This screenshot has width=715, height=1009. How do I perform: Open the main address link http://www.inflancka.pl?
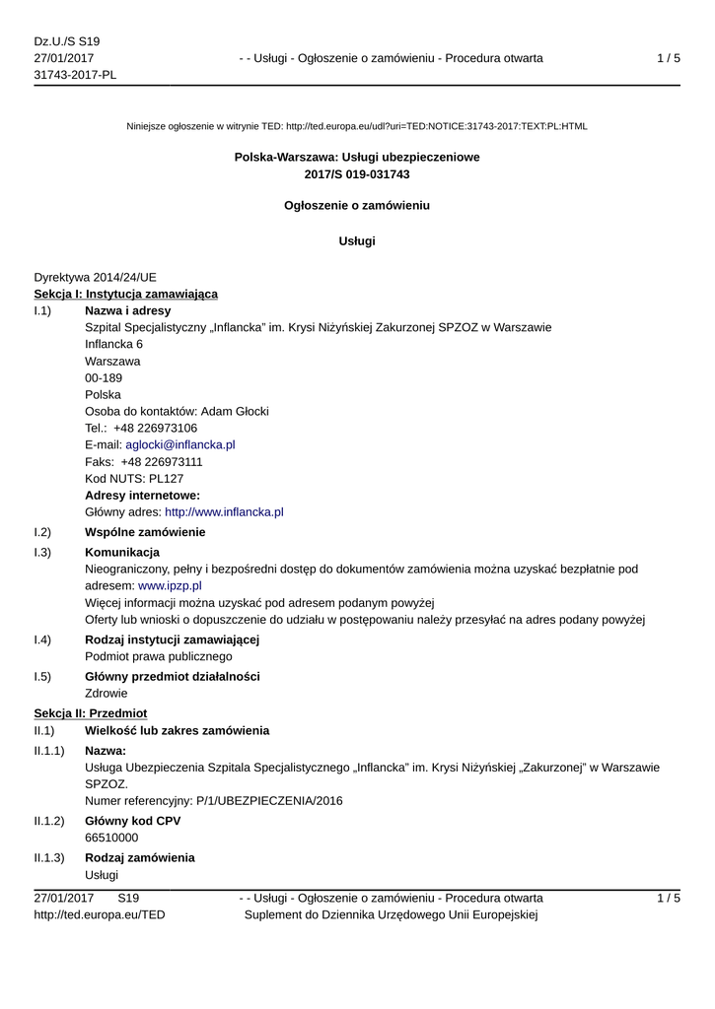point(224,511)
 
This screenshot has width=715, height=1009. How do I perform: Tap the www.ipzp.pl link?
point(170,585)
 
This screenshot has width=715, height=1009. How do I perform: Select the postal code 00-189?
point(105,377)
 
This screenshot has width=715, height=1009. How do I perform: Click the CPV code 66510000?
point(111,838)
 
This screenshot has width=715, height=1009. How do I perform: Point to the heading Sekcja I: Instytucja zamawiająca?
point(126,294)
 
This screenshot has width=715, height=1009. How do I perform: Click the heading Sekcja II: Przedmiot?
point(90,712)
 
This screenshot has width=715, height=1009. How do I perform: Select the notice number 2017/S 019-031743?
point(357,174)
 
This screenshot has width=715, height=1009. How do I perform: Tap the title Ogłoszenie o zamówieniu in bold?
point(357,206)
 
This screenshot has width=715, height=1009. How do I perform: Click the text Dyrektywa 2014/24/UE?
point(95,277)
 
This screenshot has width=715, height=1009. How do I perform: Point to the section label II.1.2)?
point(49,821)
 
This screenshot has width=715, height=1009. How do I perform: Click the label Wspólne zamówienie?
point(145,532)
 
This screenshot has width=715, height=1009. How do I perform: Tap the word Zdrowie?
point(107,693)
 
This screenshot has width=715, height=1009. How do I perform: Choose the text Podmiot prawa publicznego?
point(159,656)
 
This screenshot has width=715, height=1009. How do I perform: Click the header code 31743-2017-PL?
point(75,76)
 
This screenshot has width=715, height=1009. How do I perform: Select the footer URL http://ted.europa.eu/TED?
point(100,914)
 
